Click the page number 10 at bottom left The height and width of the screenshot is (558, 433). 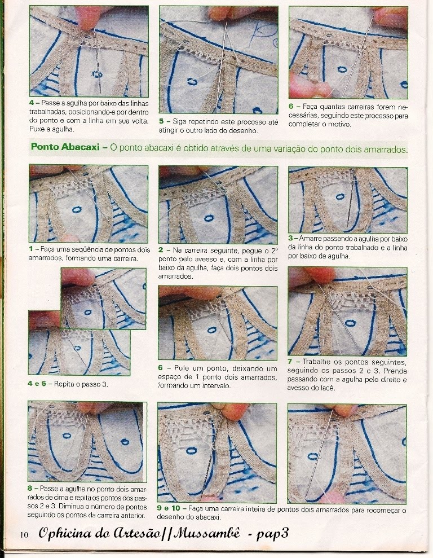tap(24, 535)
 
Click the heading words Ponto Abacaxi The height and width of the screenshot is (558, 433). tap(65, 147)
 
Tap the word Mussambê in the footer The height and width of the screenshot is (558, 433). tap(206, 533)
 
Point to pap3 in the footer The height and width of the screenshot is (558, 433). tap(272, 534)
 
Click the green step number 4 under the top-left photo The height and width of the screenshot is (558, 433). tap(32, 103)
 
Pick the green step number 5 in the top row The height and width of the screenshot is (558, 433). tap(161, 122)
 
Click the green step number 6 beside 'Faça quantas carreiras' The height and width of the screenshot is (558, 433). tap(291, 107)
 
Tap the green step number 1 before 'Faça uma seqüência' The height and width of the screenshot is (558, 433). tap(31, 249)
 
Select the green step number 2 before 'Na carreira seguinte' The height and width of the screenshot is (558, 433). tap(161, 251)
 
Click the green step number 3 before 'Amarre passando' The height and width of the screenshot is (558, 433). tap(290, 239)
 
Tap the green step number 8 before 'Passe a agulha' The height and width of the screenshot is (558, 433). tap(30, 489)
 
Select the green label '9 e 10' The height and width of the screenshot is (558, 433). tap(169, 508)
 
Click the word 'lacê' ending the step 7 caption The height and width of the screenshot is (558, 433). tap(328, 388)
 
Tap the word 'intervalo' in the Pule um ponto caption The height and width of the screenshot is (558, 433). tap(218, 386)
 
